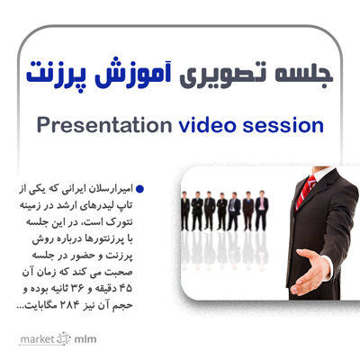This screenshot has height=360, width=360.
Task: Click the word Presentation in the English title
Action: click(104, 126)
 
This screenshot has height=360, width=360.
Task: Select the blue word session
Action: click(283, 126)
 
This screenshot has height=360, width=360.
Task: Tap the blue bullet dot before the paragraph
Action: click(139, 189)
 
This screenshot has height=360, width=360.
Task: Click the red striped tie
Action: click(306, 192)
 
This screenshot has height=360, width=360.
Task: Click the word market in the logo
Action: click(37, 339)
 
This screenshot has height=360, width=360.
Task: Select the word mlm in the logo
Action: click(85, 339)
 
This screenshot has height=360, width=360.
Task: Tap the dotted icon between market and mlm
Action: click(64, 338)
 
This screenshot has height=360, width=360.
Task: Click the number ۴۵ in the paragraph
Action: click(125, 289)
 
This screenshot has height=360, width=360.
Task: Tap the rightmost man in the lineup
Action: click(262, 211)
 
